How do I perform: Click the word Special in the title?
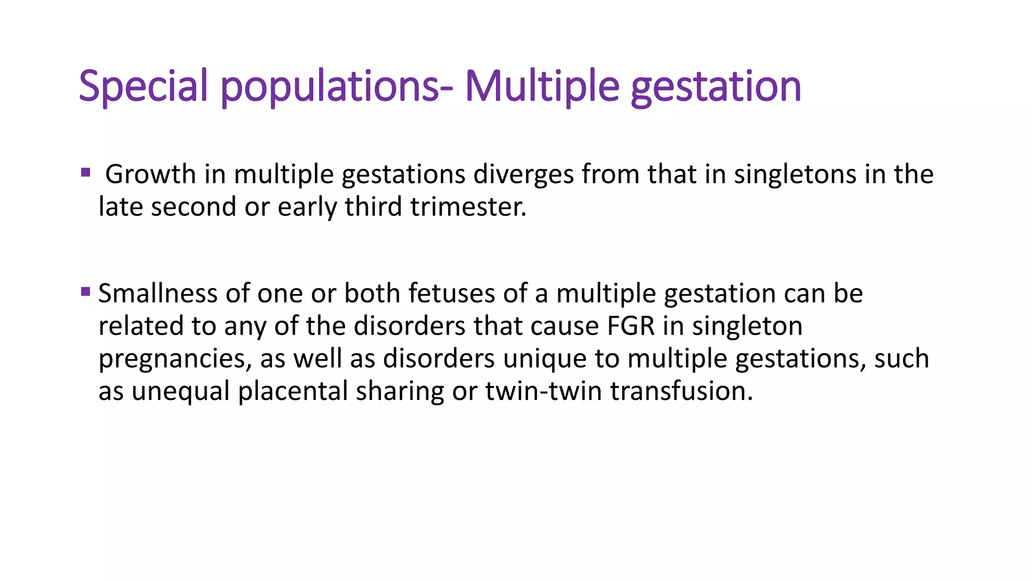[x=143, y=86]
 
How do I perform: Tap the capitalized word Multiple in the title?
[x=542, y=86]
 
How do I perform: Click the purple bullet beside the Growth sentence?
[x=85, y=173]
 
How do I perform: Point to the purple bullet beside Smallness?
[x=85, y=292]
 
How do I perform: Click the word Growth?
[x=150, y=175]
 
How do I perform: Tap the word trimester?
[x=468, y=207]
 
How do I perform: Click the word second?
[x=193, y=207]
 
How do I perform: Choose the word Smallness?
[x=157, y=293]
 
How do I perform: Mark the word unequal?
[x=180, y=391]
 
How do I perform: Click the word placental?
[x=293, y=391]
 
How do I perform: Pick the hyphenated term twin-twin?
[x=543, y=391]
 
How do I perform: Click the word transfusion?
[x=681, y=391]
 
